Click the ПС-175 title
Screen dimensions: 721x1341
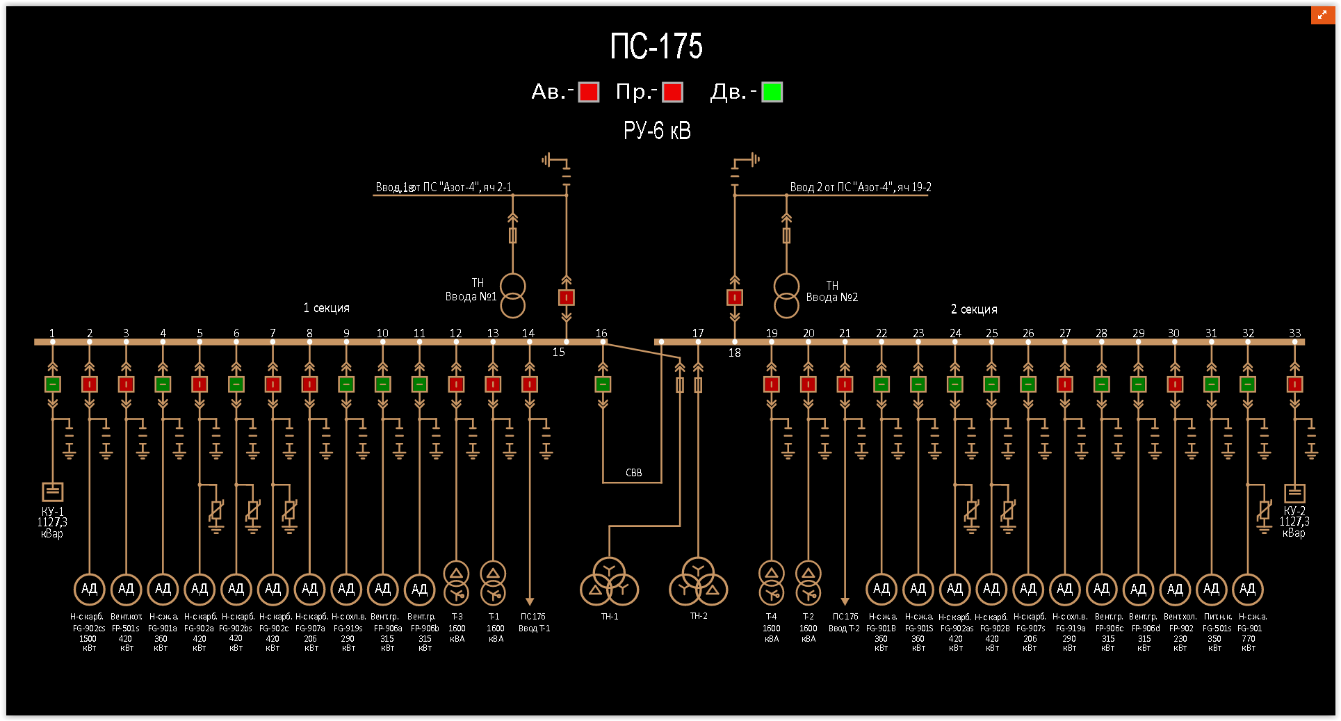[656, 47]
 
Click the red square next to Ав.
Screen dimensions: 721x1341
[589, 92]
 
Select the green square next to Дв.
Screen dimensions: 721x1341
[772, 92]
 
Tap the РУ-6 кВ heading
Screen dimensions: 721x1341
[657, 131]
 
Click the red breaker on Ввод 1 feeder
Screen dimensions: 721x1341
[567, 298]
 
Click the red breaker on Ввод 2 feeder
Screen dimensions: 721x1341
[735, 298]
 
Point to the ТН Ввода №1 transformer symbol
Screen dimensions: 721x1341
[513, 295]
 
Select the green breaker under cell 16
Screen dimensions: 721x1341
[603, 384]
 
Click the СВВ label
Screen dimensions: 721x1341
[633, 473]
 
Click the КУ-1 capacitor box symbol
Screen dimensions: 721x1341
[53, 492]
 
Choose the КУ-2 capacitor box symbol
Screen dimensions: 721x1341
[1294, 493]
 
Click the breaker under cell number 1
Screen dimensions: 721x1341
[53, 384]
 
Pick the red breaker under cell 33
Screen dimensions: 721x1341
[1294, 384]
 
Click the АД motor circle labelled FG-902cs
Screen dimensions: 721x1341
[89, 589]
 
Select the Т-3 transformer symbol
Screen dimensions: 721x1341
[456, 583]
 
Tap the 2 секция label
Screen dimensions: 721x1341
[974, 309]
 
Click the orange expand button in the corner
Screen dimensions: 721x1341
[1322, 15]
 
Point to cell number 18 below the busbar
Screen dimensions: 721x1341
[734, 353]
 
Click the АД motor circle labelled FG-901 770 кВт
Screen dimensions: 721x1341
[1248, 589]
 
